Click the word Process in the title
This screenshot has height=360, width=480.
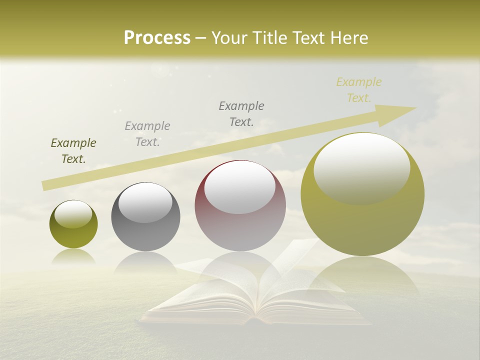click(157, 38)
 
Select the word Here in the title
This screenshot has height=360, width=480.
click(348, 38)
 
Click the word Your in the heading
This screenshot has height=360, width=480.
click(229, 38)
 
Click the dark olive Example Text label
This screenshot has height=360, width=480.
click(73, 151)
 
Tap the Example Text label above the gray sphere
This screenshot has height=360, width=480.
click(147, 134)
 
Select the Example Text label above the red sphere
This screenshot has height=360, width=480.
click(241, 113)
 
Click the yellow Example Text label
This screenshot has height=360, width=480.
click(359, 90)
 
